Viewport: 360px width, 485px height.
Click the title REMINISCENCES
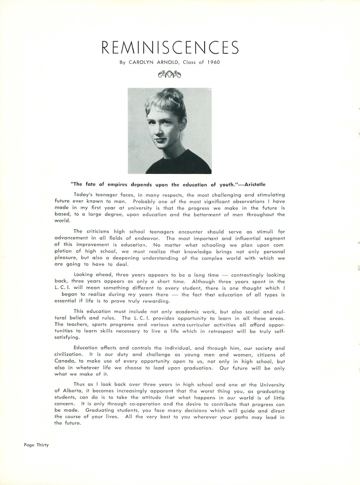point(170,48)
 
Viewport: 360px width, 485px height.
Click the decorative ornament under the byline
point(170,74)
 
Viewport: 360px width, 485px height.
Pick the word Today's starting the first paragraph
point(85,194)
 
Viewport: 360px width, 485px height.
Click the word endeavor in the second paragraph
point(132,238)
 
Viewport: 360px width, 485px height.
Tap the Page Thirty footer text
point(36,445)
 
